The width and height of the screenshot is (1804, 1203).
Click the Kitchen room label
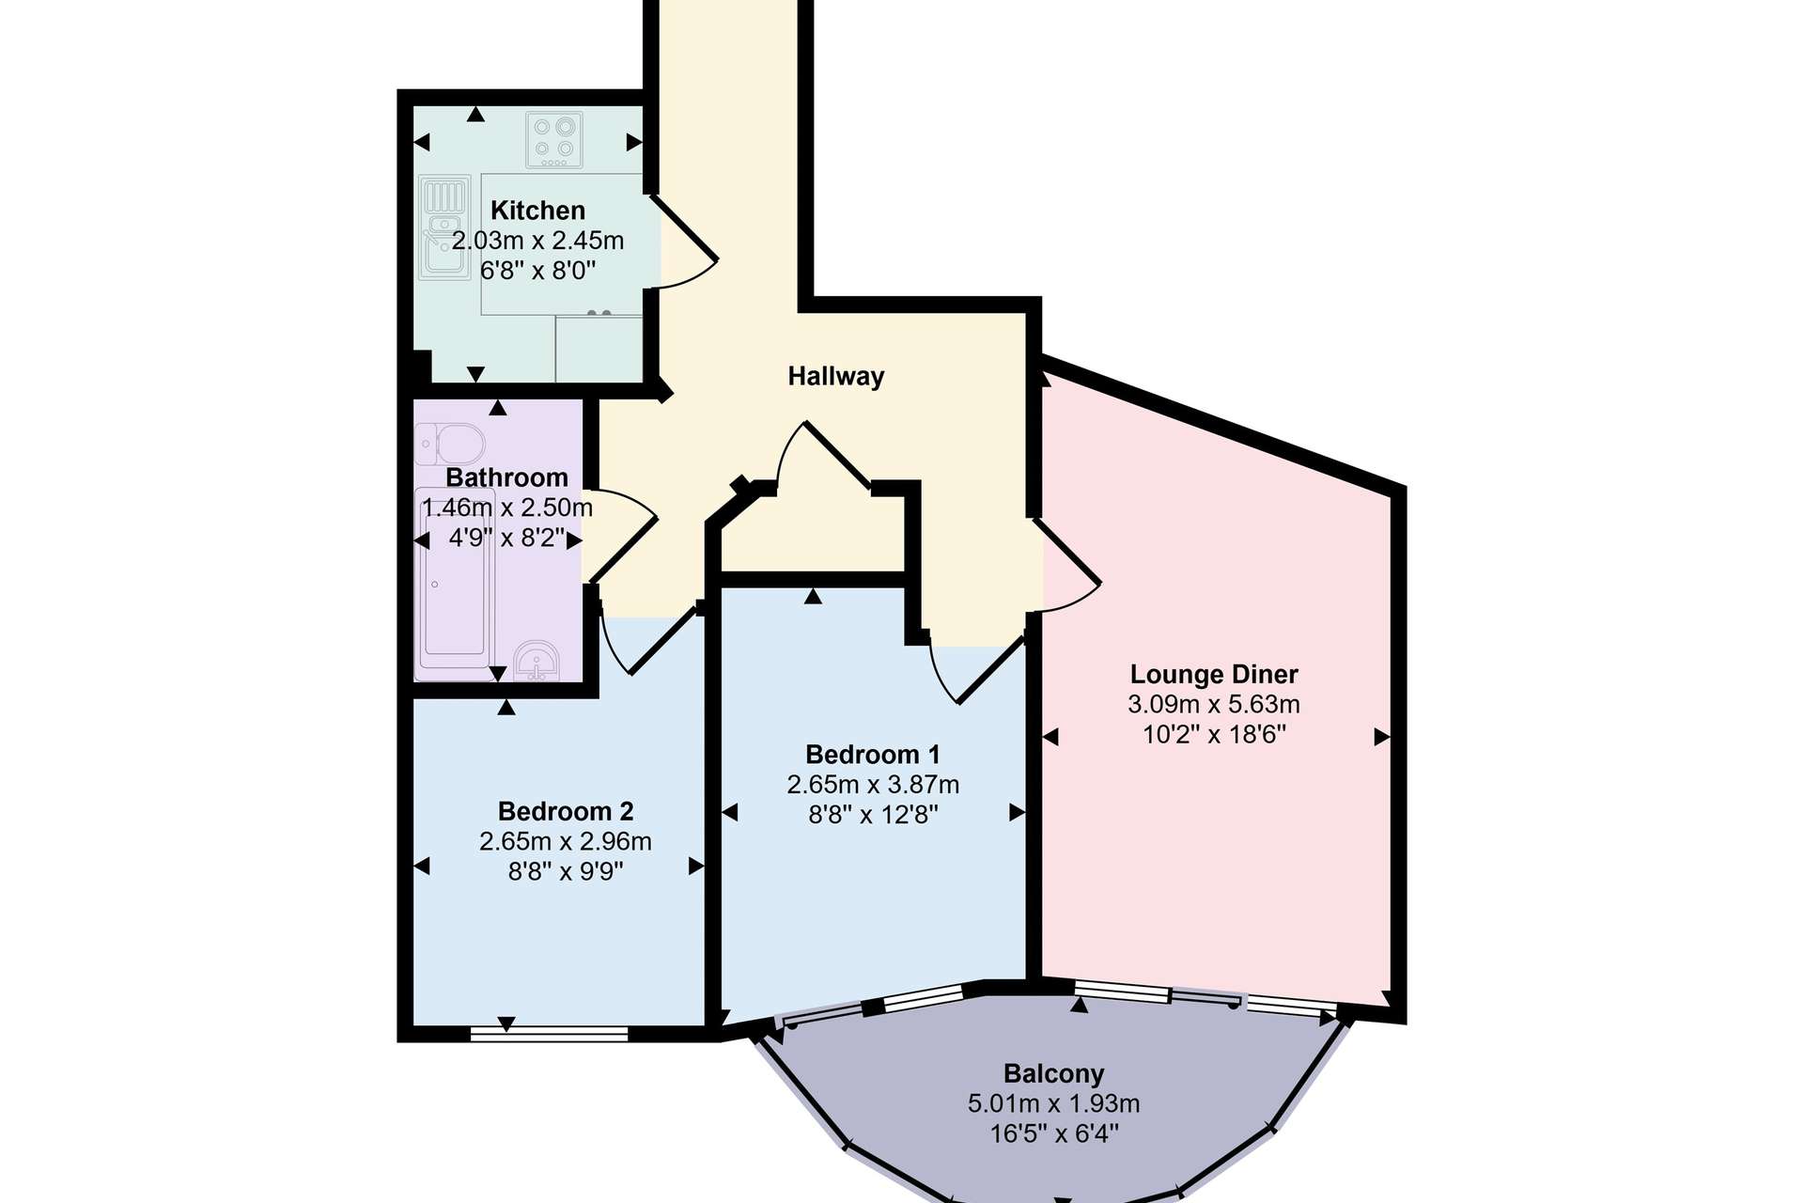(x=537, y=211)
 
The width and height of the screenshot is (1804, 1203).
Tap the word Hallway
(x=836, y=377)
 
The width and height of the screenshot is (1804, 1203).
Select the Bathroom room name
(x=506, y=477)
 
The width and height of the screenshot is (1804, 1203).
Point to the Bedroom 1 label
(x=873, y=755)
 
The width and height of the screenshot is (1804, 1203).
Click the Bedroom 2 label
(x=566, y=811)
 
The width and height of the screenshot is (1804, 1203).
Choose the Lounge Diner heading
(x=1214, y=674)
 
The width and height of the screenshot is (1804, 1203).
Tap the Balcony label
(x=1053, y=1073)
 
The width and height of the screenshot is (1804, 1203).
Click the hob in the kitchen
(x=554, y=140)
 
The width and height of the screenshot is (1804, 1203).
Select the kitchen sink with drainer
(x=444, y=228)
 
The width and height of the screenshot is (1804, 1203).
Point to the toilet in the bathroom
(x=450, y=444)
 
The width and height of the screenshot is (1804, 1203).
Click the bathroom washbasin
(x=537, y=660)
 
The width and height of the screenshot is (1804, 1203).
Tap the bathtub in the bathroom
(x=455, y=584)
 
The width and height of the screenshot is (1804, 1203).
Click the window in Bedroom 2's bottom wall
(x=549, y=1034)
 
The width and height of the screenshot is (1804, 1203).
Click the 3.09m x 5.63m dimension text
(x=1214, y=704)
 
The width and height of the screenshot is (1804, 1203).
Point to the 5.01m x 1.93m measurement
(x=1053, y=1103)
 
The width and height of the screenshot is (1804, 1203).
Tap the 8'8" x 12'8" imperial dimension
(x=873, y=814)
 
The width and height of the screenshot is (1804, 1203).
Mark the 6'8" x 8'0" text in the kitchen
(x=537, y=271)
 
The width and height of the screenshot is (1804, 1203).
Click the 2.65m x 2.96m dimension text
(x=566, y=841)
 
